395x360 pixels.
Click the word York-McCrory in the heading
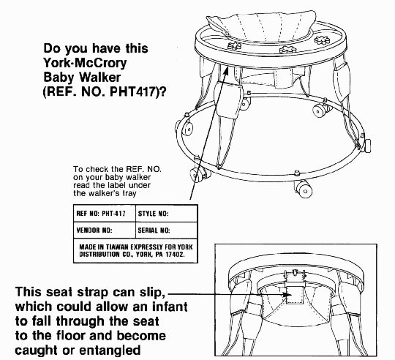[85, 63]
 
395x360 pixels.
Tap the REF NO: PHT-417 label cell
[105, 214]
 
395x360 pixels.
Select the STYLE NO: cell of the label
[166, 214]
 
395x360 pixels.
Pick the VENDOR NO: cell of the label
[105, 230]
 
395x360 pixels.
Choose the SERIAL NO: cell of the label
[166, 230]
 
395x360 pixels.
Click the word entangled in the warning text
[110, 350]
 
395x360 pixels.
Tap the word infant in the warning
[170, 307]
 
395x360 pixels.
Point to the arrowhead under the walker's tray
[226, 70]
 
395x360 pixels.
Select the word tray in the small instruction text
[130, 193]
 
